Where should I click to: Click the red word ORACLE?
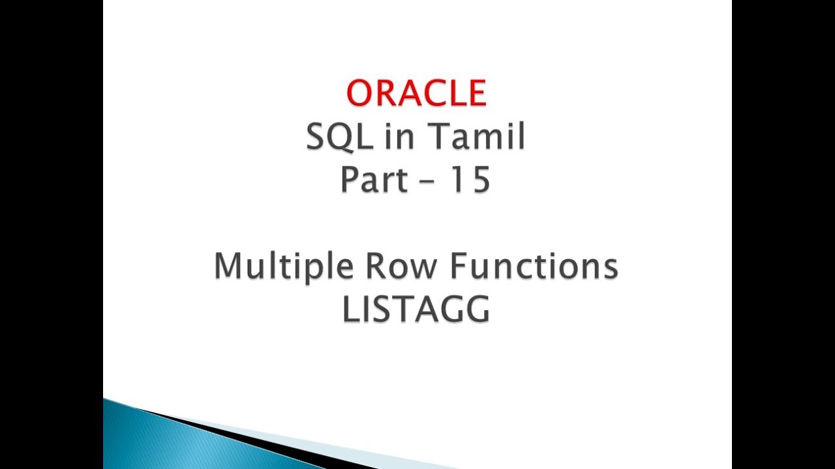point(416,93)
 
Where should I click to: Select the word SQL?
point(333,137)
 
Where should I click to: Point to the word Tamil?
point(476,137)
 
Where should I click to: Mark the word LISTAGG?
point(416,310)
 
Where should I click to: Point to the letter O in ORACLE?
point(361,93)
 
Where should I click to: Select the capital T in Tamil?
point(438,137)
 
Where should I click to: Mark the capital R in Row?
point(376,266)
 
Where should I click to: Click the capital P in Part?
point(349,180)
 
